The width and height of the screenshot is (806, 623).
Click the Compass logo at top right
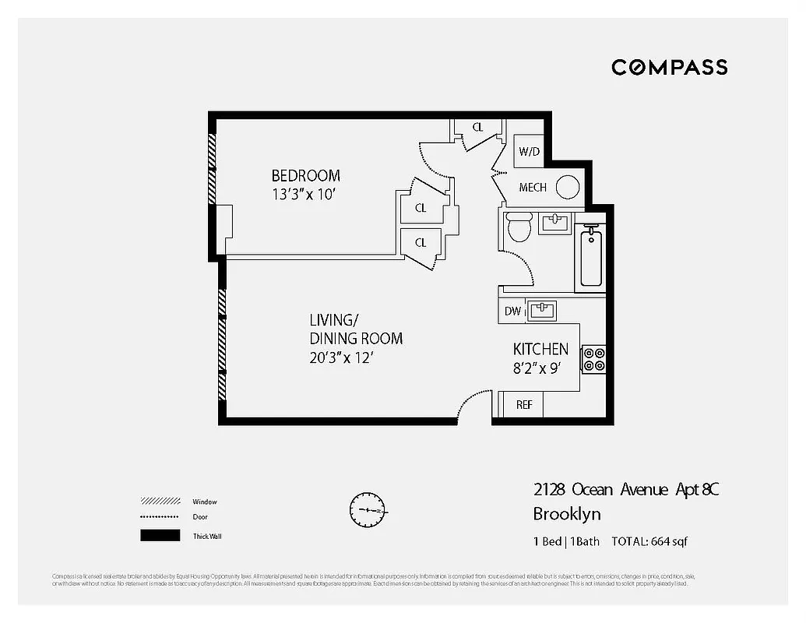coord(669,67)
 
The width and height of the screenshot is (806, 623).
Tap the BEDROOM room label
coord(305,175)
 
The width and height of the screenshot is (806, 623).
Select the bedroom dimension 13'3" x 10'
coord(303,195)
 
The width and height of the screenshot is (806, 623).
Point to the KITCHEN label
coord(540,350)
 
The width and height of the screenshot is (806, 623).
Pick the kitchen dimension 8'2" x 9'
coord(537,369)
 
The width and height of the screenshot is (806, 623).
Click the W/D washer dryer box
coord(530,151)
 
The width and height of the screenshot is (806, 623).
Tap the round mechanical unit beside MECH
coord(568,187)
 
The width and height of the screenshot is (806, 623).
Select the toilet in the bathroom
coord(518,227)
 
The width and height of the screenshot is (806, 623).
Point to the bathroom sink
coord(555,224)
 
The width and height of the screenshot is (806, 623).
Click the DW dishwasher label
coord(512,311)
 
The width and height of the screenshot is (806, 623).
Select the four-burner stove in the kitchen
coord(593,357)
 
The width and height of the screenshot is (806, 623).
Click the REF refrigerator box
coord(524,405)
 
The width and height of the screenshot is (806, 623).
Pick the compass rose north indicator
coord(367,509)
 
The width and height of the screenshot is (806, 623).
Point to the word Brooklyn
coord(566,514)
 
